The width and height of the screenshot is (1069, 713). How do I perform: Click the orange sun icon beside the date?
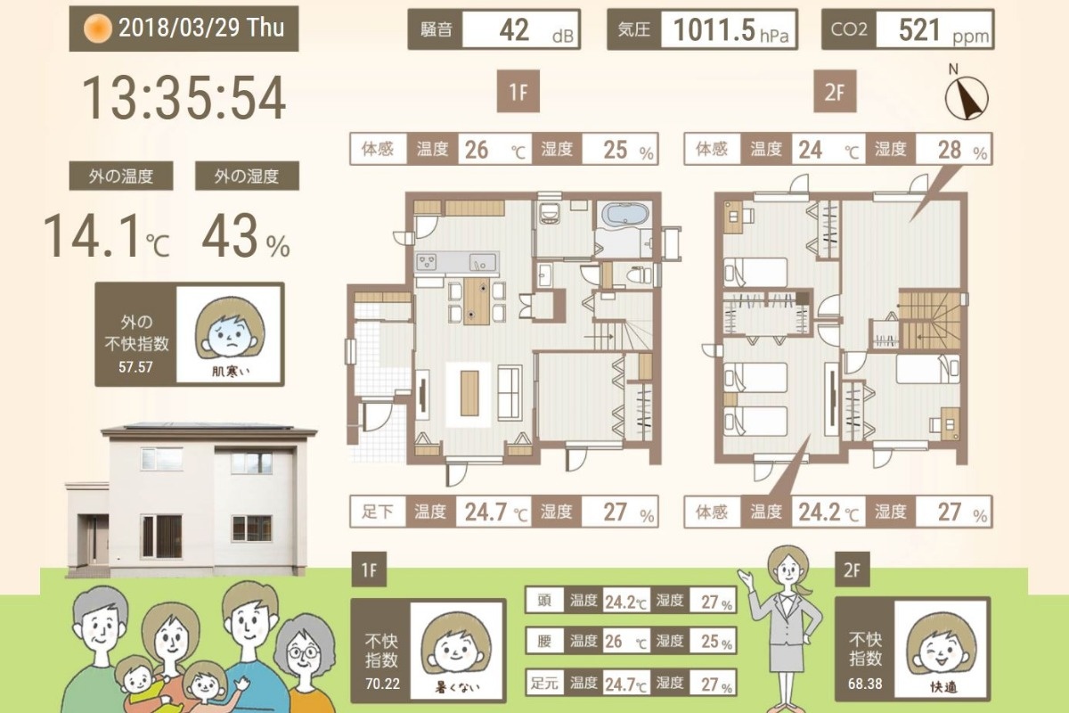[x=98, y=29]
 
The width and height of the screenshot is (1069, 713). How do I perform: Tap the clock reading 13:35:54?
[x=184, y=98]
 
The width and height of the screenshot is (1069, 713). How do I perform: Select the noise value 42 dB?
[x=521, y=29]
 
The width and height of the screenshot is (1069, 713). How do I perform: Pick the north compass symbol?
[x=967, y=94]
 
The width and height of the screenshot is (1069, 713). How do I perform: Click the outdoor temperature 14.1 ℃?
[x=107, y=236]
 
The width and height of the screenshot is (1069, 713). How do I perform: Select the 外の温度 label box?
[x=121, y=176]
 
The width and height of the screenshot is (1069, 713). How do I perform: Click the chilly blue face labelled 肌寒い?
[x=230, y=330]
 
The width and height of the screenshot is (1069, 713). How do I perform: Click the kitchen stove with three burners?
[x=427, y=262]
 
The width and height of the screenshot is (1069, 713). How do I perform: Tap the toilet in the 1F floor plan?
[x=638, y=275]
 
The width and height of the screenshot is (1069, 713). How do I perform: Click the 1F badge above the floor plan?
[x=518, y=92]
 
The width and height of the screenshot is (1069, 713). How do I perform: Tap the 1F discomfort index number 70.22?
[x=383, y=684]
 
